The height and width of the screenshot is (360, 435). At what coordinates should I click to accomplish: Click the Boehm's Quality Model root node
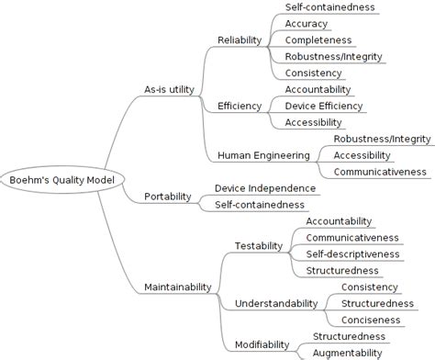point(62,179)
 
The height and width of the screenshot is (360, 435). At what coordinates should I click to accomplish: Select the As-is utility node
point(171,89)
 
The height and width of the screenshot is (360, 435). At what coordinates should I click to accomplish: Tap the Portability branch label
point(168,196)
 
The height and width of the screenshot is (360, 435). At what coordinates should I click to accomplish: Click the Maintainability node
point(178,287)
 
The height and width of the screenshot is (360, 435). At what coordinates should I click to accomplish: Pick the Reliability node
point(240,39)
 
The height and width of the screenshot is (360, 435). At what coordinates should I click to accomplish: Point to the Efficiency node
point(240,106)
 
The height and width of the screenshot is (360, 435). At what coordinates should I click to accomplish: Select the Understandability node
point(276,303)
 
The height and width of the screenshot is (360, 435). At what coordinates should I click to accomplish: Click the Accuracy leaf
point(307,24)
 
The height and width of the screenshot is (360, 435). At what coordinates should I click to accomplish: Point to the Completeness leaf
point(318,40)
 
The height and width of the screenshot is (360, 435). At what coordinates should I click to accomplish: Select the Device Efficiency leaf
point(323,106)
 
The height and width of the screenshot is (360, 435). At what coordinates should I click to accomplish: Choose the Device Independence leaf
point(265,187)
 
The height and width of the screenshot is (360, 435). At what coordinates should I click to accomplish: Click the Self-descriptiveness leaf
point(352,253)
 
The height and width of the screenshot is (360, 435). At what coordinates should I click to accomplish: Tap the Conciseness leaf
point(371,320)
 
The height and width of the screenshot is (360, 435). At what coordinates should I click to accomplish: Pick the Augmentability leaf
point(347,353)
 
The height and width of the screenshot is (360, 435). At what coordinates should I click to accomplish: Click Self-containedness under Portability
point(260,204)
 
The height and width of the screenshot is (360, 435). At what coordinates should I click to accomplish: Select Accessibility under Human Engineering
point(362,154)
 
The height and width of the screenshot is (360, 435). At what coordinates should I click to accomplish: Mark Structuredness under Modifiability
point(349,336)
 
